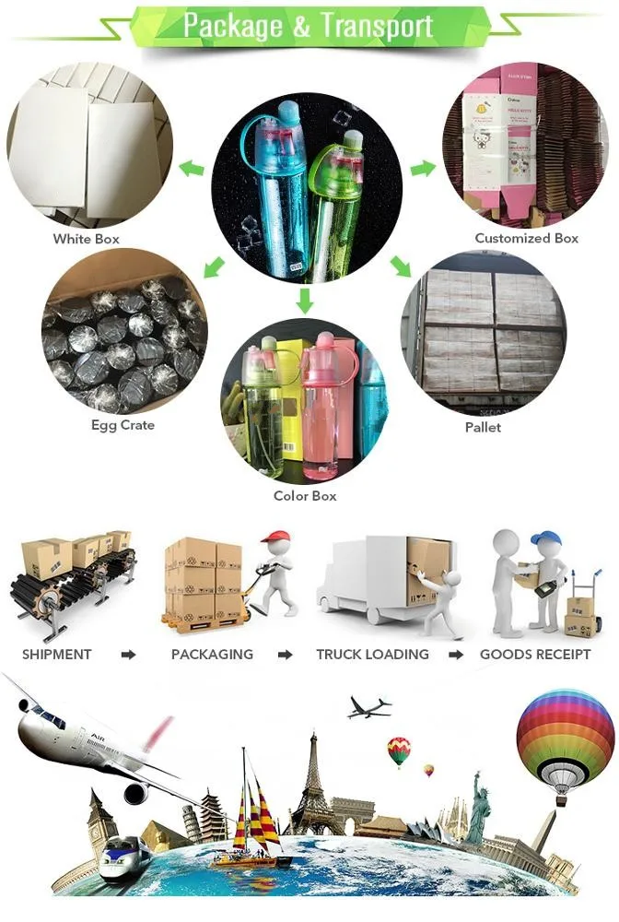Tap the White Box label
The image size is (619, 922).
click(86, 239)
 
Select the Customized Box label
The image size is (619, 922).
click(526, 238)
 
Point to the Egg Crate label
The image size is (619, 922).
click(123, 425)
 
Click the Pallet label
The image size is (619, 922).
click(483, 428)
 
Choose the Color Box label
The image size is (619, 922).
click(305, 496)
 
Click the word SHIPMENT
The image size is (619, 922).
click(57, 655)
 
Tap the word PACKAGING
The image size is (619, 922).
click(212, 655)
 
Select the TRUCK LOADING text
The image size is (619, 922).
click(372, 655)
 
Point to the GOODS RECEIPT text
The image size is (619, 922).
click(535, 655)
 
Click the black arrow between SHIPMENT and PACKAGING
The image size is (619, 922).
click(128, 655)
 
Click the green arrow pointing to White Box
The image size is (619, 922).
click(192, 169)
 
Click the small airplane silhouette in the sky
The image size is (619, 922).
click(368, 707)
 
